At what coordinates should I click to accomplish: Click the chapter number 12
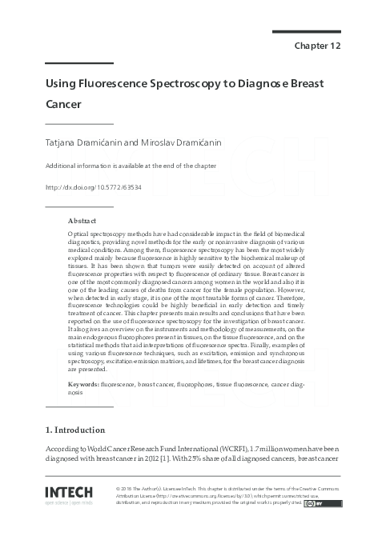335,46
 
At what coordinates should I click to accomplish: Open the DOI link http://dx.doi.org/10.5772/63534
94,187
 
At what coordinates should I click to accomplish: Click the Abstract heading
82,220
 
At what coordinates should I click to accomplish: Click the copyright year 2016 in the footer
128,487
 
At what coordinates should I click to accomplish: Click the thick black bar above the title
67,63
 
